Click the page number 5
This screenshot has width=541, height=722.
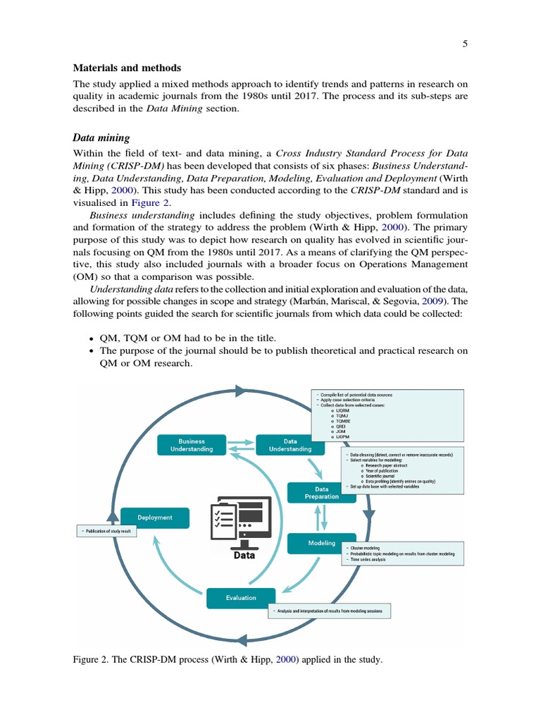[465, 44]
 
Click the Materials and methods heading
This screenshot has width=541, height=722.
[127, 68]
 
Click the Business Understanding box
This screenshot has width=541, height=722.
[191, 445]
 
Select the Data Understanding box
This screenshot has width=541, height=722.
[290, 445]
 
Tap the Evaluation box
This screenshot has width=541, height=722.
[241, 598]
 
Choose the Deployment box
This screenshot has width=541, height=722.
[155, 518]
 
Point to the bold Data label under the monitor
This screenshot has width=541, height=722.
[244, 555]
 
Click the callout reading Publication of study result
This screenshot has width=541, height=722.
[106, 531]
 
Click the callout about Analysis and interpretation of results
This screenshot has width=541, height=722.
[330, 611]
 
